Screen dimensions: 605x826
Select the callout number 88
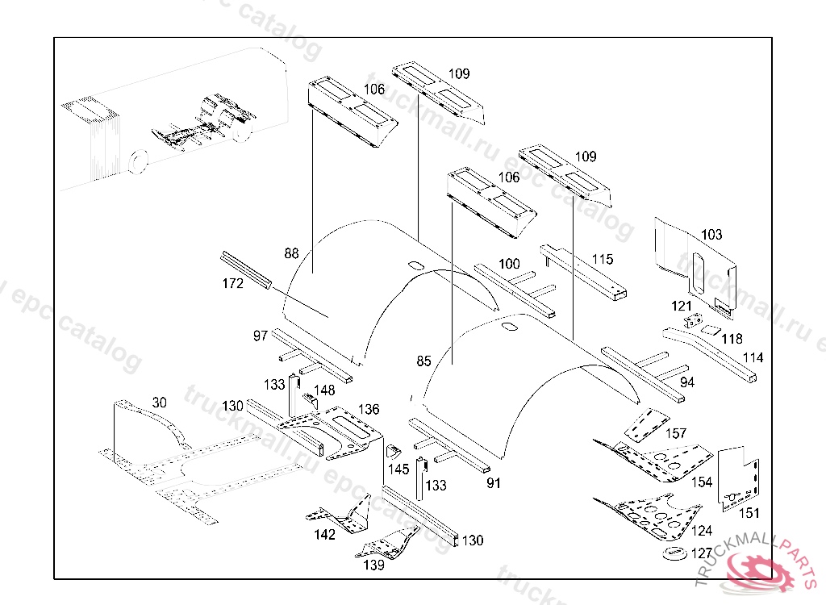[291, 253]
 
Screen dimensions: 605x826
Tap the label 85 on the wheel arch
[423, 361]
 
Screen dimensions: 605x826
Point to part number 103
[711, 235]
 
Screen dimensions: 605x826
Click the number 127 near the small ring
[702, 553]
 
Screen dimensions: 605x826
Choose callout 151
[749, 512]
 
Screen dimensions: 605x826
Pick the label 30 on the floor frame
[159, 403]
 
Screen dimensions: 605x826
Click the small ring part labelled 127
[673, 553]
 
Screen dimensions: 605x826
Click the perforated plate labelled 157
[645, 424]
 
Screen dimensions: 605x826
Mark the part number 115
[603, 260]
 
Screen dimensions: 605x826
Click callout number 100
[509, 264]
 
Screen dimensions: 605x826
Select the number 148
[324, 390]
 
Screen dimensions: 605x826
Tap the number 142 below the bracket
[324, 535]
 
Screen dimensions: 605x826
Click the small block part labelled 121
[691, 322]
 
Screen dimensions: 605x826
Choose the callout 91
[494, 483]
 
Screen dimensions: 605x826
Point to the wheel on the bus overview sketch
[138, 161]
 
